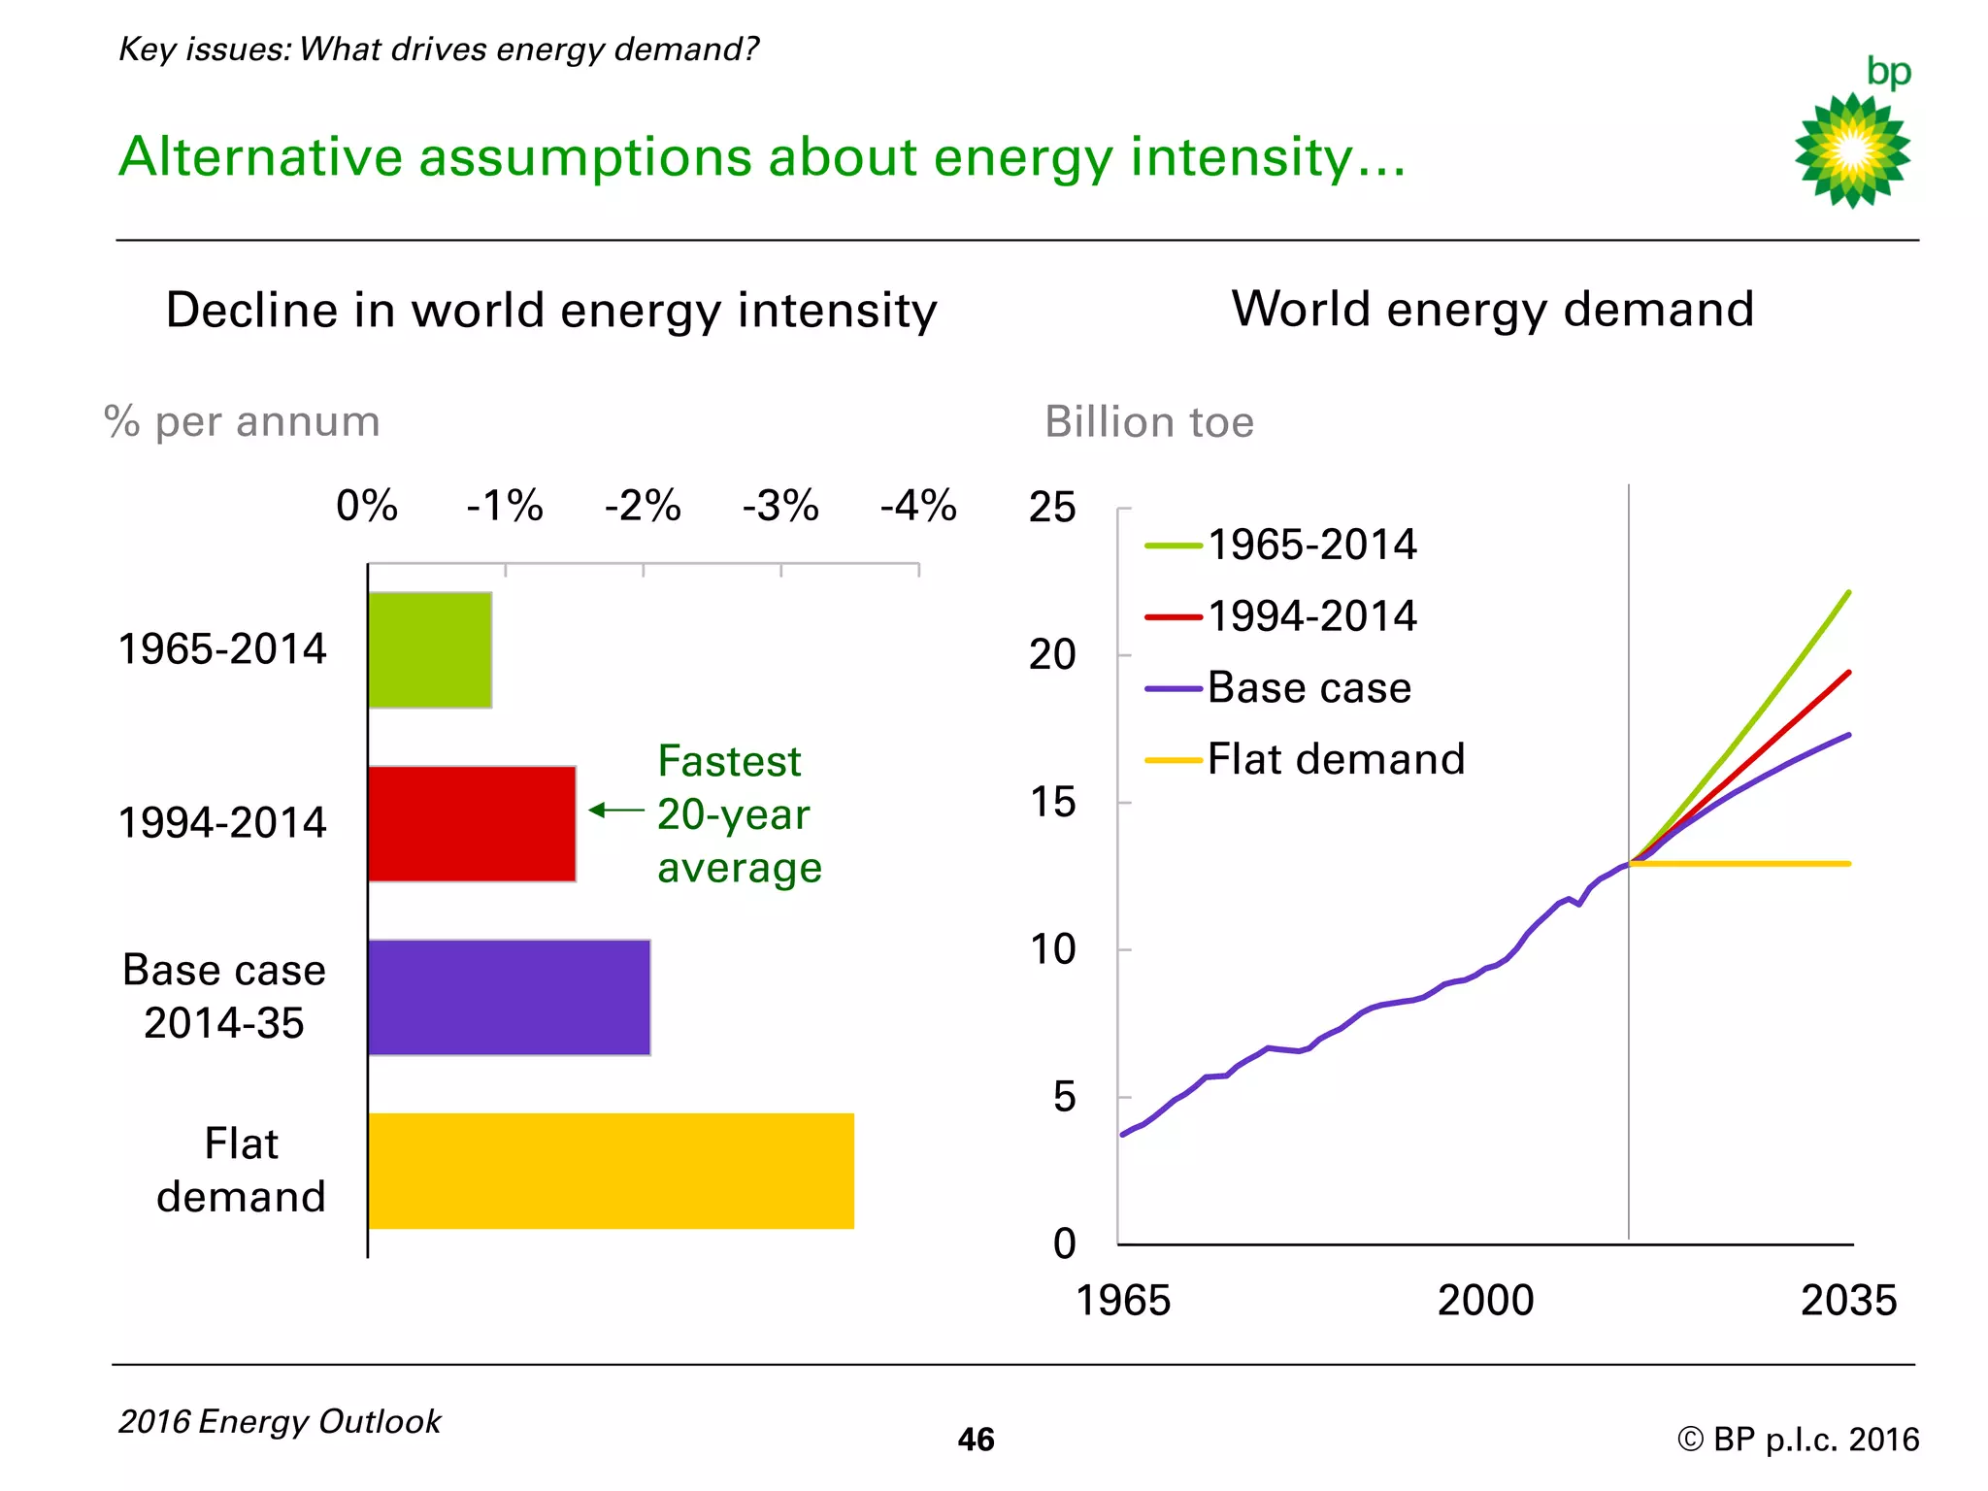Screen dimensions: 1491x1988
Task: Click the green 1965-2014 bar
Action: click(x=430, y=649)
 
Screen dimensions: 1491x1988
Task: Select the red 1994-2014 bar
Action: click(x=472, y=823)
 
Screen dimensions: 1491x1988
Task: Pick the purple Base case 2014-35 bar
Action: click(x=509, y=997)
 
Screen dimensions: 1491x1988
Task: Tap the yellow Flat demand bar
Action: click(x=611, y=1171)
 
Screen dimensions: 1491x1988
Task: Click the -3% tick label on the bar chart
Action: click(x=780, y=506)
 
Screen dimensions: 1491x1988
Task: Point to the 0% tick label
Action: click(x=367, y=506)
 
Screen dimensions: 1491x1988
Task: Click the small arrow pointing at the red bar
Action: click(x=615, y=810)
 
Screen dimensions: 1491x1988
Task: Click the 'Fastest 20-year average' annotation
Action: click(x=738, y=814)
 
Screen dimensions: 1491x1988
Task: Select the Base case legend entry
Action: click(x=1279, y=688)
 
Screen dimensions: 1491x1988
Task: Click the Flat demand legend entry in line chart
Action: click(x=1306, y=759)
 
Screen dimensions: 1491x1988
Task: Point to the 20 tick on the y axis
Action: click(x=1053, y=655)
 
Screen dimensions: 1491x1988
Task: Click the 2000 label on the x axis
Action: click(x=1485, y=1301)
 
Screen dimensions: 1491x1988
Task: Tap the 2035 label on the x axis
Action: click(x=1848, y=1301)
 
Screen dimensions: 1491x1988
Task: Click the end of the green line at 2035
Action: click(x=1848, y=593)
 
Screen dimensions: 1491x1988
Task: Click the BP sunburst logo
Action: click(x=1852, y=150)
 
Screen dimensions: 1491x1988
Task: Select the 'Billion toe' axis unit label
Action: click(x=1149, y=422)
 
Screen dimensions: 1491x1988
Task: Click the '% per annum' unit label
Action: click(x=242, y=422)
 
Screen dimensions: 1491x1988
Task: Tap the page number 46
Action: click(x=976, y=1439)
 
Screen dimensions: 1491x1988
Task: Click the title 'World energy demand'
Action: click(x=1493, y=310)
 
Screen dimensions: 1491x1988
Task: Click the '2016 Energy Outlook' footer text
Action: click(x=280, y=1422)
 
